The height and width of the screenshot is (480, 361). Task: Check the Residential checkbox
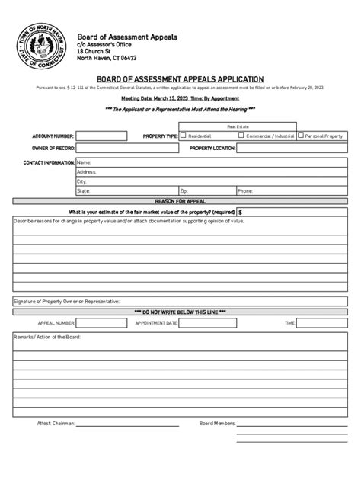183,136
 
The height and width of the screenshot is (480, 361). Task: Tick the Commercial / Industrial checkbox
241,136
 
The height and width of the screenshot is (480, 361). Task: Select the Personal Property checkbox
300,136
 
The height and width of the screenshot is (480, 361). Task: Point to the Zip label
183,191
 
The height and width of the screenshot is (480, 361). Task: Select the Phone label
244,191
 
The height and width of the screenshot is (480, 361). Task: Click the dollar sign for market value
241,212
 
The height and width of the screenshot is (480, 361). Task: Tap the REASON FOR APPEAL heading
180,201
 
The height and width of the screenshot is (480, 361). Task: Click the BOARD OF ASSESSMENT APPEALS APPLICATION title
180,78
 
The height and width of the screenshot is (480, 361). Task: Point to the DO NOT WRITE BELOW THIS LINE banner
180,312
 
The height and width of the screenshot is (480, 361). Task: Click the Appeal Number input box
102,322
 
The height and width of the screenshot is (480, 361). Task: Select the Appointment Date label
157,322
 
